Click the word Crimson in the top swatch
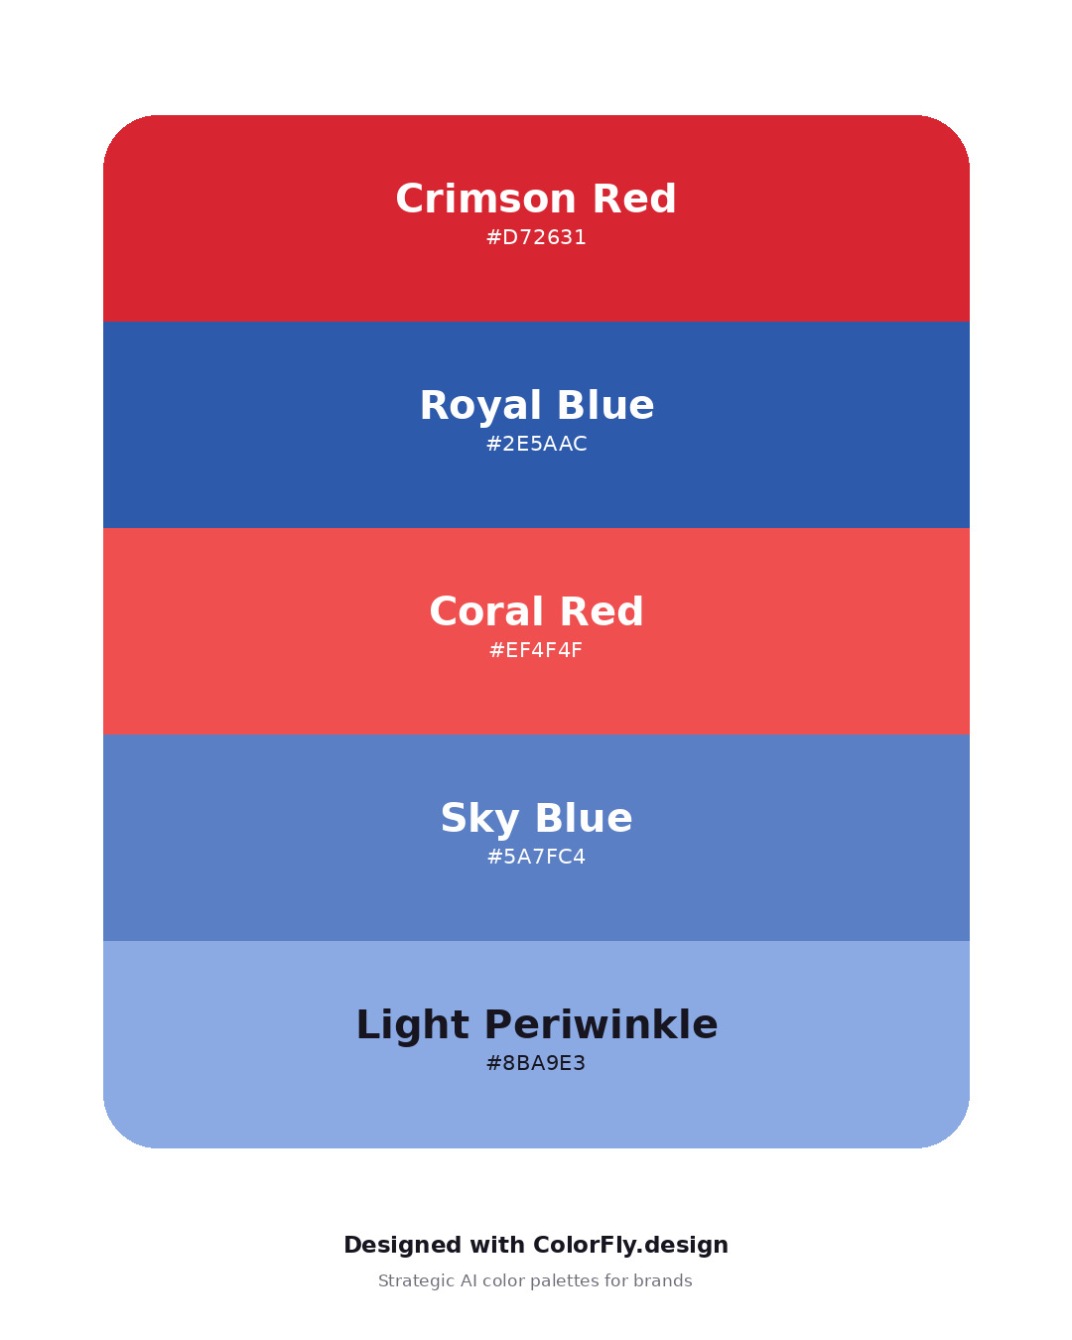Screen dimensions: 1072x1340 point(485,199)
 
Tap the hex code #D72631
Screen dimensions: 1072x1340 point(536,237)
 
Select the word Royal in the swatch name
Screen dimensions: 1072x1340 point(480,407)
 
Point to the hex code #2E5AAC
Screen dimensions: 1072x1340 point(536,444)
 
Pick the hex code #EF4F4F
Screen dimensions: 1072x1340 point(536,650)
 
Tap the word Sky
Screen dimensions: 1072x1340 point(479,819)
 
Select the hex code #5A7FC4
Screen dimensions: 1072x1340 point(536,857)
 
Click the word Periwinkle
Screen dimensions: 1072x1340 point(602,1025)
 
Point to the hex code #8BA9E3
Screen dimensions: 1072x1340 point(536,1063)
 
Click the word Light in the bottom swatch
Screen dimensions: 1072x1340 point(412,1026)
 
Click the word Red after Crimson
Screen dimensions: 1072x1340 point(634,199)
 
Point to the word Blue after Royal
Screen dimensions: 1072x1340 point(605,405)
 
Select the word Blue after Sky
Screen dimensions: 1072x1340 point(584,818)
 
